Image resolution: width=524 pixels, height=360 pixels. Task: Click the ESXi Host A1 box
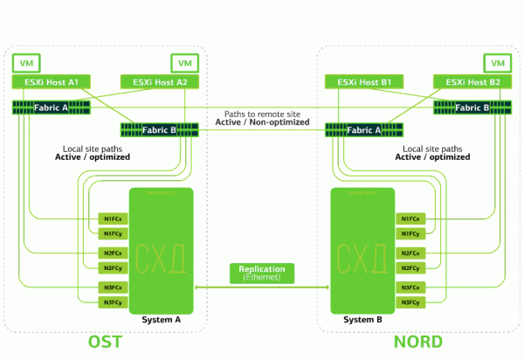coord(49,82)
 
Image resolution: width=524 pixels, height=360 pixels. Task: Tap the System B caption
coord(362,320)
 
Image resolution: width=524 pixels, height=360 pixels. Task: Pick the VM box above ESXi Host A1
coord(26,63)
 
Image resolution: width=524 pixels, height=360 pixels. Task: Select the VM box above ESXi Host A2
coord(183,63)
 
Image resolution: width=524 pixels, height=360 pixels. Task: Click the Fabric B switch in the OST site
coord(160,131)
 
